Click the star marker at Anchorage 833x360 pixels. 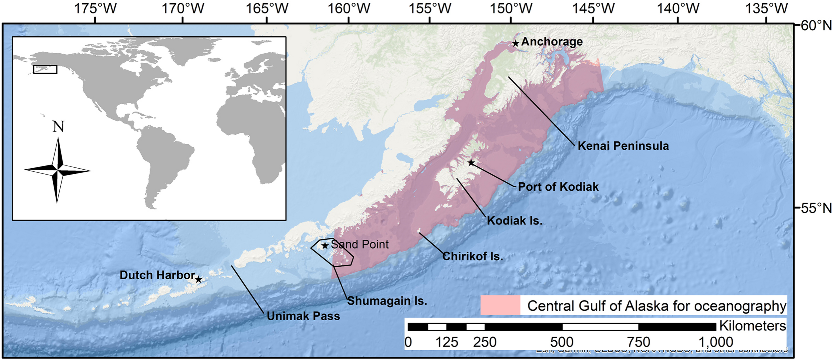[515, 43]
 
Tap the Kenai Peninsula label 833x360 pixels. [623, 146]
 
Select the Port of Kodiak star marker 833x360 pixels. [471, 163]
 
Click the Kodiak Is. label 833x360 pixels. [515, 221]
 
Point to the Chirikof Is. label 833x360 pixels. [473, 256]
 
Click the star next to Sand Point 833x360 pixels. [325, 246]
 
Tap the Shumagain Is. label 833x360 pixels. [387, 301]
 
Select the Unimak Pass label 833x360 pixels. [303, 316]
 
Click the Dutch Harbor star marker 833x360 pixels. [199, 279]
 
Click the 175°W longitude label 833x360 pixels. [95, 8]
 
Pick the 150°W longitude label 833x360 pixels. [511, 8]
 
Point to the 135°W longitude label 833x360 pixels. [766, 8]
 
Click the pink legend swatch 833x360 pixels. [500, 305]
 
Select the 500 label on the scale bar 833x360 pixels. [562, 342]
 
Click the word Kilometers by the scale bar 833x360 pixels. [752, 326]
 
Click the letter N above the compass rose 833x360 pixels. [58, 127]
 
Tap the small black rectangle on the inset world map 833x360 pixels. [45, 69]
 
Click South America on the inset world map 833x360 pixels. [163, 160]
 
